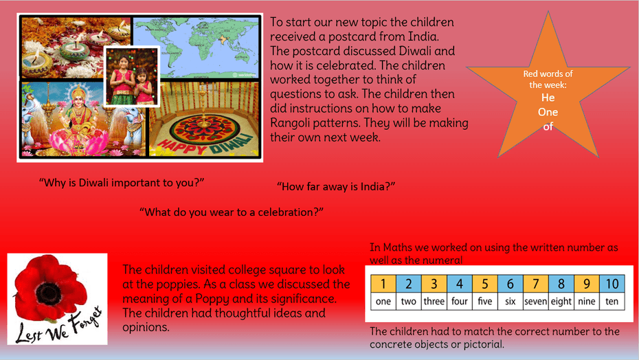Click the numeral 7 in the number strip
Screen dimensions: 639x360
pos(535,284)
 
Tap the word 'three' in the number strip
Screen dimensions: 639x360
pos(434,302)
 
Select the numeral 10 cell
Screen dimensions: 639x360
pos(612,284)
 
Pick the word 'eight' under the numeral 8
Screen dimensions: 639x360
pos(561,302)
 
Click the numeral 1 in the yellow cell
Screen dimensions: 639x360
pos(383,284)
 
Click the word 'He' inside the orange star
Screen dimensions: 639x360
pos(548,98)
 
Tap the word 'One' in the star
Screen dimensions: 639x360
pos(548,112)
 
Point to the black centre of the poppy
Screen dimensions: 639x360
pos(48,292)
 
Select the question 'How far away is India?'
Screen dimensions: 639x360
pos(336,187)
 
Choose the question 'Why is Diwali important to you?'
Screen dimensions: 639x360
pos(122,183)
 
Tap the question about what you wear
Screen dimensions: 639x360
pos(232,212)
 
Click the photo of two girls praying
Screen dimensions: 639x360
pos(132,76)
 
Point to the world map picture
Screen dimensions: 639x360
pos(197,47)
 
